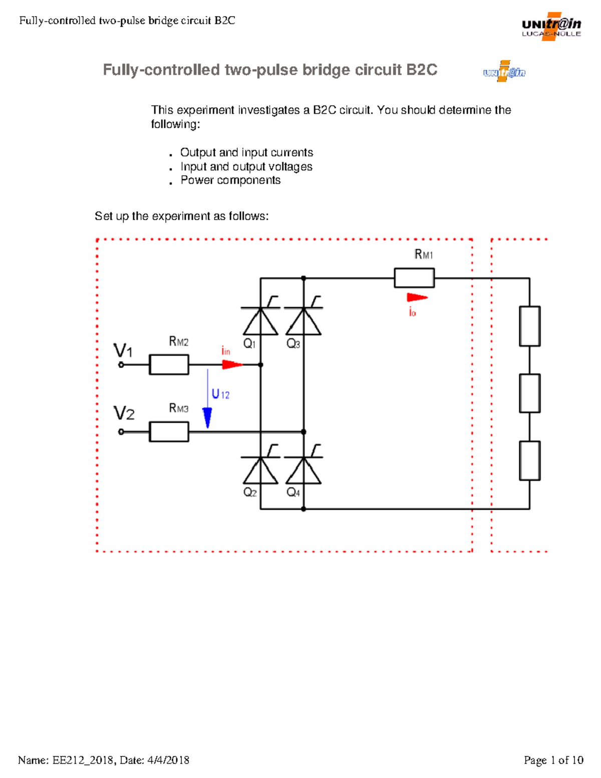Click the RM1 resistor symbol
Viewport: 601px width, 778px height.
click(414, 278)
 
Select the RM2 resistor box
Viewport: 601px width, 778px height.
click(169, 365)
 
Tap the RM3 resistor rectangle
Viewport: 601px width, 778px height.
click(169, 431)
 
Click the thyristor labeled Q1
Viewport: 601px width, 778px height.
click(260, 321)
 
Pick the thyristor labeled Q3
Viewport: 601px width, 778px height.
click(304, 321)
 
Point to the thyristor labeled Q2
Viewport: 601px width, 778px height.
click(260, 470)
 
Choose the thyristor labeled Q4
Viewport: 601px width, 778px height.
click(304, 470)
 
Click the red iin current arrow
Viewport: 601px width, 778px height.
click(232, 364)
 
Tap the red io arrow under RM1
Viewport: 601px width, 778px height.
click(417, 298)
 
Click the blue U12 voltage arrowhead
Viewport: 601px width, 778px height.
click(207, 417)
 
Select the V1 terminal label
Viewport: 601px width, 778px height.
click(123, 350)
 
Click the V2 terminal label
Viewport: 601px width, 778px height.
click(124, 414)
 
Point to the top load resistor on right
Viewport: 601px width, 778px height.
click(529, 326)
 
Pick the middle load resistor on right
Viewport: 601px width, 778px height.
click(529, 393)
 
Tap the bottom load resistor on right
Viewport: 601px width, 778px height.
click(529, 460)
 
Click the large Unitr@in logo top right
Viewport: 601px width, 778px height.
click(551, 27)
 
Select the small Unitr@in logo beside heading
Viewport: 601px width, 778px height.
click(504, 72)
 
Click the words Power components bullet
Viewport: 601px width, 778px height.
click(230, 180)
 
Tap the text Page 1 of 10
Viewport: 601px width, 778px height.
click(553, 760)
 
